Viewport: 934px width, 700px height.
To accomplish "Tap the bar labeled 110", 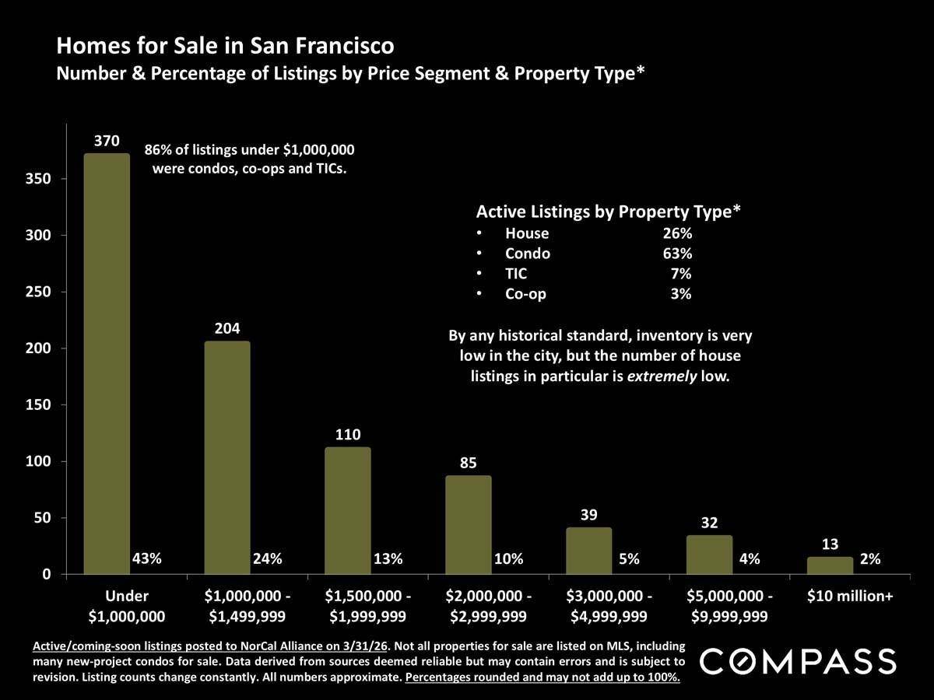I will (x=348, y=510).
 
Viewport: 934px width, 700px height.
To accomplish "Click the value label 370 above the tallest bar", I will (x=107, y=141).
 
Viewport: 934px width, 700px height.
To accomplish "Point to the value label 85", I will (x=468, y=463).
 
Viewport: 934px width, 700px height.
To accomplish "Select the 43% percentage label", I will (x=146, y=558).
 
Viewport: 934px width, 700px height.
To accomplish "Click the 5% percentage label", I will (x=629, y=558).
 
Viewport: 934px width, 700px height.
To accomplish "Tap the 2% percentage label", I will (x=870, y=558).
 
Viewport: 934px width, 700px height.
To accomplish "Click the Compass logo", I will (x=799, y=662).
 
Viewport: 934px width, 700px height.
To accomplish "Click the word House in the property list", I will (x=527, y=233).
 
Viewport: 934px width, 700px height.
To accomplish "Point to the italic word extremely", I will (x=665, y=376).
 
